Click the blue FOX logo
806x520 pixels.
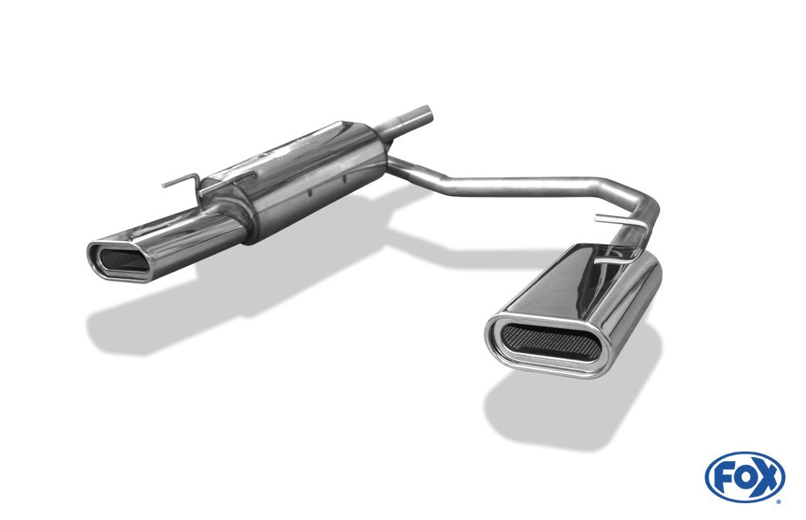coord(745,476)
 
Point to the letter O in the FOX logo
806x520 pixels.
coord(744,478)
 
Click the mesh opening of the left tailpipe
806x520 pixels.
coord(123,260)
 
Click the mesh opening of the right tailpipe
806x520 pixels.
coord(550,342)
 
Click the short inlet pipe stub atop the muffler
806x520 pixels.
coord(406,122)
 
